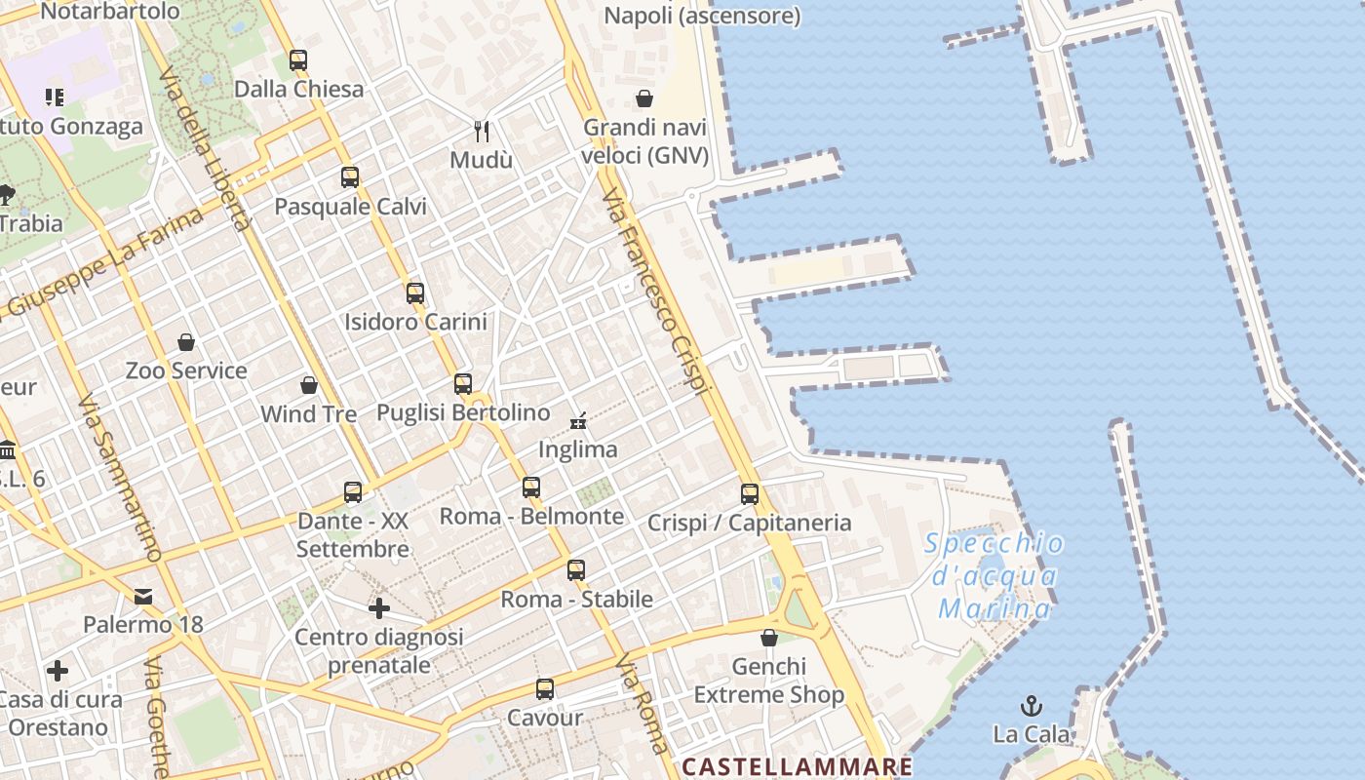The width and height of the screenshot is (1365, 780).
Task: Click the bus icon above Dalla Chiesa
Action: (298, 60)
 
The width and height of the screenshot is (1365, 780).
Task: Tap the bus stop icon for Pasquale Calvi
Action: (350, 177)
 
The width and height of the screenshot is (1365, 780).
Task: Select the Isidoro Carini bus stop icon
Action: (415, 292)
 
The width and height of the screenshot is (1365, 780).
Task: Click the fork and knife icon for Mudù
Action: (481, 131)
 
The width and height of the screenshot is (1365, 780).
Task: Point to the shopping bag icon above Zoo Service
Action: (186, 342)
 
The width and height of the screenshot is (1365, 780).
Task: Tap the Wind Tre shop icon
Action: (309, 385)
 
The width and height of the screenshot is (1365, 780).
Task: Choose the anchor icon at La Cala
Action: (1031, 705)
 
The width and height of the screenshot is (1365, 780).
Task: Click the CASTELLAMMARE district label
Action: (797, 766)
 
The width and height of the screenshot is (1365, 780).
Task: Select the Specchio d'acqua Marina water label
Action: (994, 576)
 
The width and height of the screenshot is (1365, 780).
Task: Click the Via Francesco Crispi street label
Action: (653, 292)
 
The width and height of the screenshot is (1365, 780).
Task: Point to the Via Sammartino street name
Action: (119, 478)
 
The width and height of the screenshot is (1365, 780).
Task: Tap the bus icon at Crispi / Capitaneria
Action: (749, 494)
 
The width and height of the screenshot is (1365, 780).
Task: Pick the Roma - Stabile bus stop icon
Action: (576, 570)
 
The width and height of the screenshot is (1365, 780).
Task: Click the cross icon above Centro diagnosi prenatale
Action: (379, 608)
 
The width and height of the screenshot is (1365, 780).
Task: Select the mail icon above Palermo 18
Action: (143, 596)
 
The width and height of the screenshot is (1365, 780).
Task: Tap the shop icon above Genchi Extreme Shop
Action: (769, 638)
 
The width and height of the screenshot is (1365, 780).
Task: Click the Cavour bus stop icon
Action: (545, 689)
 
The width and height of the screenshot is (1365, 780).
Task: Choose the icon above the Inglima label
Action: (578, 421)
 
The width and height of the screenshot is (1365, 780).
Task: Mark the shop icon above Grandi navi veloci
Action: (644, 98)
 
